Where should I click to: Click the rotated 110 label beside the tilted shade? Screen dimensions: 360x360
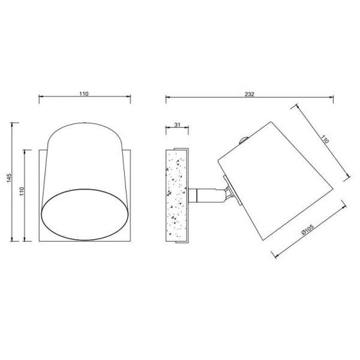point(325,139)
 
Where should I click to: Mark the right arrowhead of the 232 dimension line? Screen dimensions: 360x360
point(333,97)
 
